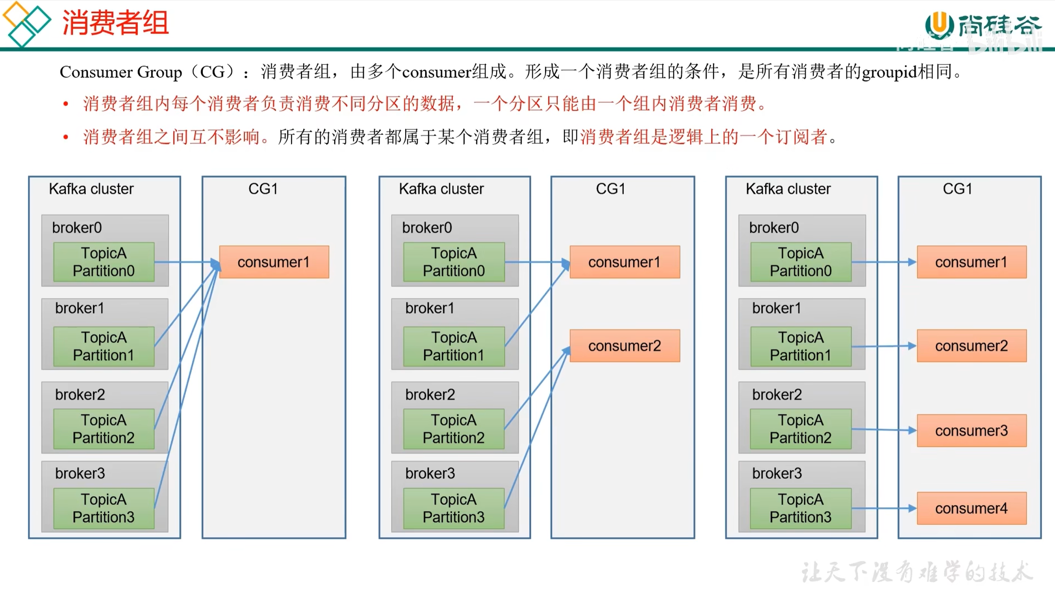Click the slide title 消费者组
(x=115, y=23)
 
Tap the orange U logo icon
(x=939, y=24)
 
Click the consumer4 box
(x=971, y=508)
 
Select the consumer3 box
(x=971, y=430)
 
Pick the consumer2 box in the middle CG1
(x=625, y=345)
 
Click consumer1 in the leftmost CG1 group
(x=274, y=262)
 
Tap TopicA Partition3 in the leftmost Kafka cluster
(x=104, y=508)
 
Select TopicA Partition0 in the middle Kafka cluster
(x=454, y=262)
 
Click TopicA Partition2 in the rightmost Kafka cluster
(x=801, y=429)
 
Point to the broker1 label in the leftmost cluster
(x=79, y=308)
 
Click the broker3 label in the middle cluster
(x=430, y=473)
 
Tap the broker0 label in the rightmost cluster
(x=774, y=228)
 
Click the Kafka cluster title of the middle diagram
(x=441, y=189)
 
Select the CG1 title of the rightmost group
(x=957, y=189)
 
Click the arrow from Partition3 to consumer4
(x=884, y=508)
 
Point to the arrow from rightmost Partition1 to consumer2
(x=884, y=346)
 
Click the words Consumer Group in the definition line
(x=121, y=72)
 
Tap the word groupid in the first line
(x=890, y=73)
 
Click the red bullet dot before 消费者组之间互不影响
(x=66, y=137)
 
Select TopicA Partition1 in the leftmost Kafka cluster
(x=104, y=346)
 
